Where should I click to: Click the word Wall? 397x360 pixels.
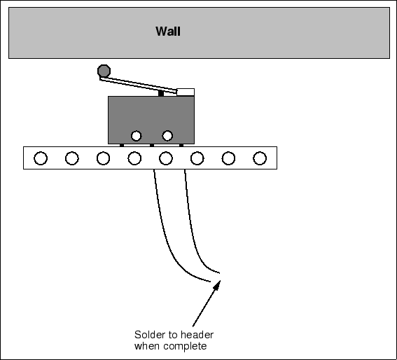click(168, 32)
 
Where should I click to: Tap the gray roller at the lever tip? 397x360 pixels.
click(104, 71)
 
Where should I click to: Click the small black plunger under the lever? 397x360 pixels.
click(161, 93)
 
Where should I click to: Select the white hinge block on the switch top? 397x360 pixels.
click(186, 92)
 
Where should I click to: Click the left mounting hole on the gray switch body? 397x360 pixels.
click(137, 136)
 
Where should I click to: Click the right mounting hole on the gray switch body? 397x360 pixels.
click(167, 136)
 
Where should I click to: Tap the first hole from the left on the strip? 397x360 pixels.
click(41, 158)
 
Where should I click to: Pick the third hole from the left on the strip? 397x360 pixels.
click(104, 158)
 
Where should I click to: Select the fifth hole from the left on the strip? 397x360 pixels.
click(166, 158)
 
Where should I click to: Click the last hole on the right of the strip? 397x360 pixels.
click(260, 158)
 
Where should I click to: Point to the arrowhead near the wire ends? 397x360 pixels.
click(217, 286)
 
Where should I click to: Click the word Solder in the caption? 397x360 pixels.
click(148, 335)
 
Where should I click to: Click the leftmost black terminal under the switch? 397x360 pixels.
click(122, 145)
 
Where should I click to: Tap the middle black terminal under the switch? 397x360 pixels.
click(152, 145)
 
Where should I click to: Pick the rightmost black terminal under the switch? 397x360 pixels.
click(181, 145)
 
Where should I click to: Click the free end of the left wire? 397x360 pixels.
click(210, 282)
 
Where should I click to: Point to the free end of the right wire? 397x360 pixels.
click(220, 273)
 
